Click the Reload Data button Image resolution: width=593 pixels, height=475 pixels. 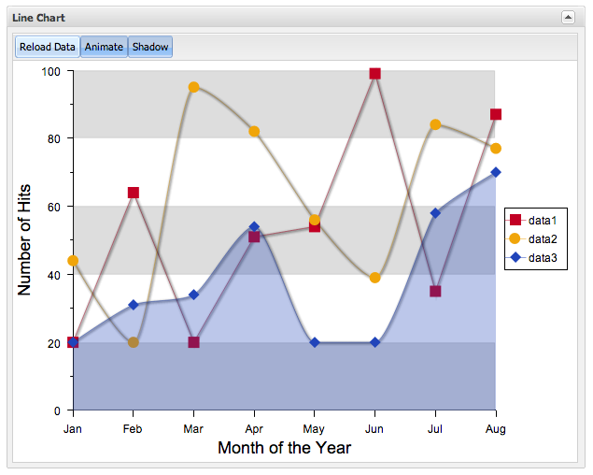47,47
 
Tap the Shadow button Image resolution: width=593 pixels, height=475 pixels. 149,47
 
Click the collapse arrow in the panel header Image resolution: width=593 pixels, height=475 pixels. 567,17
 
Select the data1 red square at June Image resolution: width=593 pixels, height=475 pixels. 374,73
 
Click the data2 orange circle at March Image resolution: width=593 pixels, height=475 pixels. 193,87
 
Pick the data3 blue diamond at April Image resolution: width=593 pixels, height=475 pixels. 254,227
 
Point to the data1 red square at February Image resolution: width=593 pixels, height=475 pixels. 134,193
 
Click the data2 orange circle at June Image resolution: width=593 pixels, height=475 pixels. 374,278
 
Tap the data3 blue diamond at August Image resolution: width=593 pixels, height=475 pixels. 496,172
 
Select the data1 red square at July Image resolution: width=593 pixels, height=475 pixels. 435,291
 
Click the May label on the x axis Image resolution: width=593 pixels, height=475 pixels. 315,428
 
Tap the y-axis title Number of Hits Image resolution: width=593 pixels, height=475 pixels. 25,239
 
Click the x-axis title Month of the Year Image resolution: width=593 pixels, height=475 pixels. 284,448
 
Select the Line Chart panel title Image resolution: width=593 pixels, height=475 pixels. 38,17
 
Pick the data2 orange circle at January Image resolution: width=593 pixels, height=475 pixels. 73,261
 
